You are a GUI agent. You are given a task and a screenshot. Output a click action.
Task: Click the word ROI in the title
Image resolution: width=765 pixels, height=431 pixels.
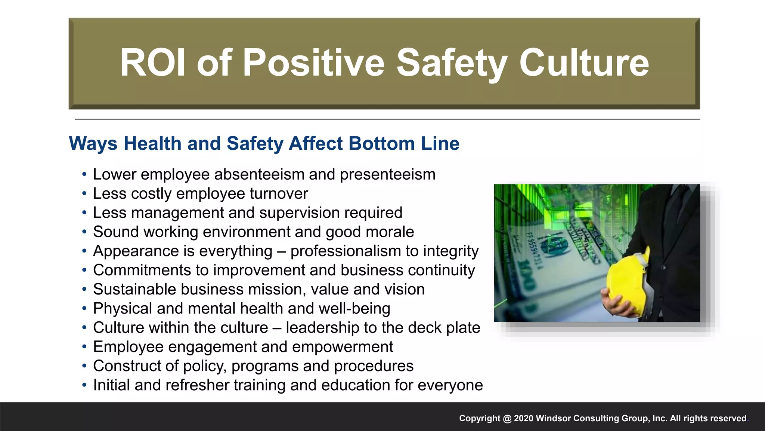(152, 63)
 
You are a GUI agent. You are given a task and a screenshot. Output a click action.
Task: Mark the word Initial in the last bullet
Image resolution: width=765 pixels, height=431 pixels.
(111, 385)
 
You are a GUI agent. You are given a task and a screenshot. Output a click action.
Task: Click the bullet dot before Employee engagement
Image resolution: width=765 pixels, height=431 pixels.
(84, 347)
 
